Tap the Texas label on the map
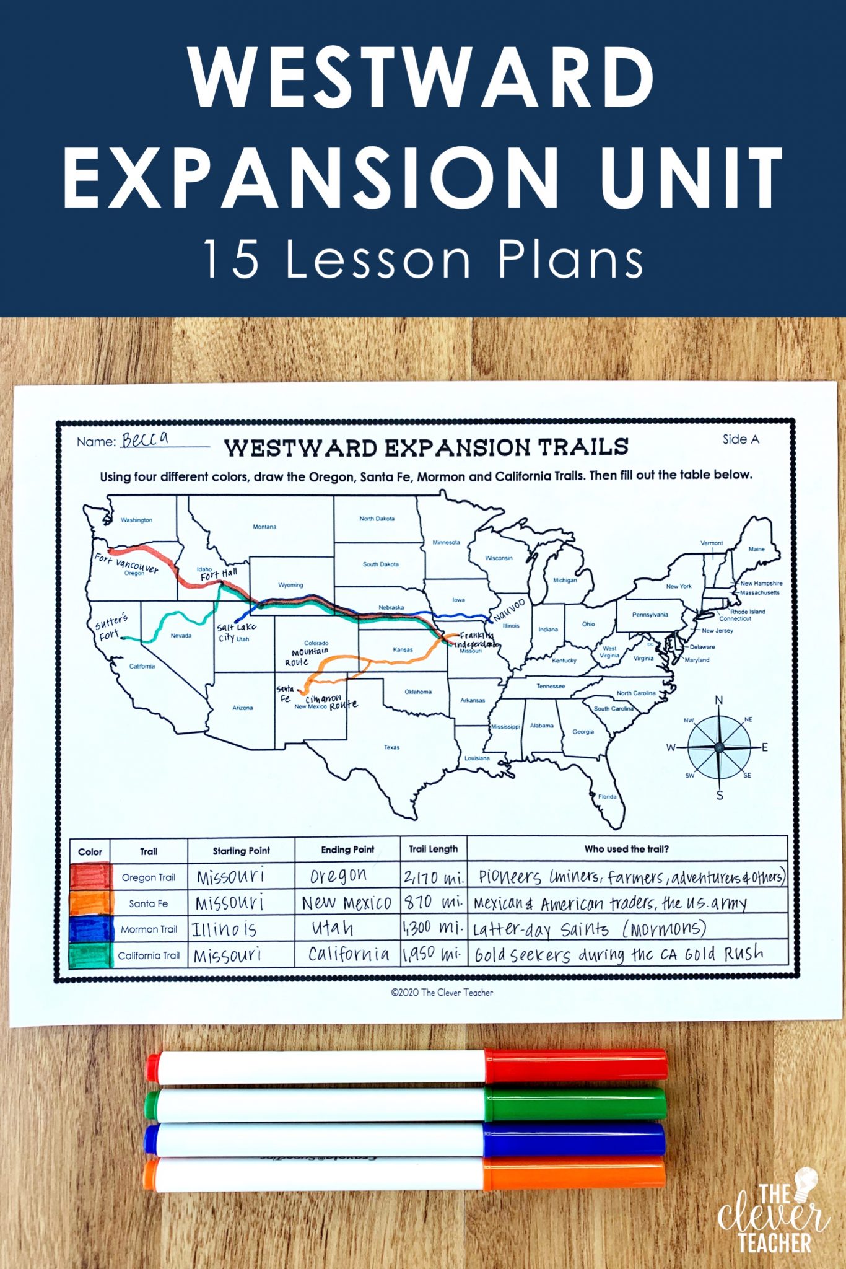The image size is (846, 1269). (391, 747)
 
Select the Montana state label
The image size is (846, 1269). (264, 527)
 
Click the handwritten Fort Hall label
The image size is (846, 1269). (219, 574)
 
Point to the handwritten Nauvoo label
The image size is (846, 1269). (509, 610)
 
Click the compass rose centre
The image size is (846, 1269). (719, 747)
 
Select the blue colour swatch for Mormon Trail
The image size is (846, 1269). (90, 929)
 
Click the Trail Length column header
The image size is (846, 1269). (433, 849)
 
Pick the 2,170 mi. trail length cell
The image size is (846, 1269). (434, 877)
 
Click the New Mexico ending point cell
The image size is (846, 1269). (347, 903)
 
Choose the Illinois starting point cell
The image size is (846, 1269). (224, 929)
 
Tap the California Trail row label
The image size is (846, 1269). (149, 955)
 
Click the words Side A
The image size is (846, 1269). (740, 439)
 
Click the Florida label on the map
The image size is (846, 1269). (607, 796)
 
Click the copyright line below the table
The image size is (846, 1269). (442, 993)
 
